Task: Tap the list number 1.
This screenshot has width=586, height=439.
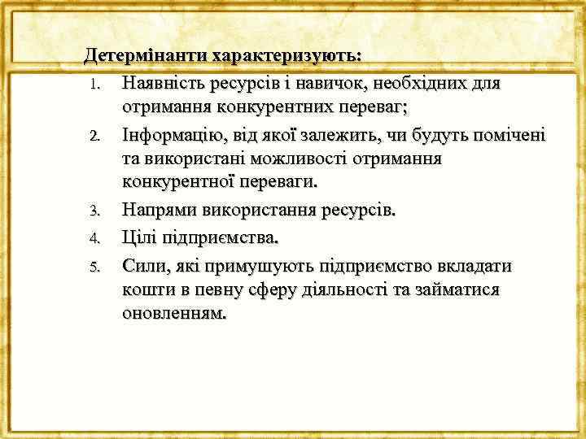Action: coord(94,85)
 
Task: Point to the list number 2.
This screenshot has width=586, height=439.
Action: coord(94,136)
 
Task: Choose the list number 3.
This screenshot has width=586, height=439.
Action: coord(94,213)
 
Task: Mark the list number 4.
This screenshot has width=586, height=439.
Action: coord(94,239)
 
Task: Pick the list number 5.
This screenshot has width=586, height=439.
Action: coord(94,266)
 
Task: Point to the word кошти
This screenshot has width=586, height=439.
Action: coord(146,289)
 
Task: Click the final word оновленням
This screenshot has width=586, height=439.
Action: coord(175,312)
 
